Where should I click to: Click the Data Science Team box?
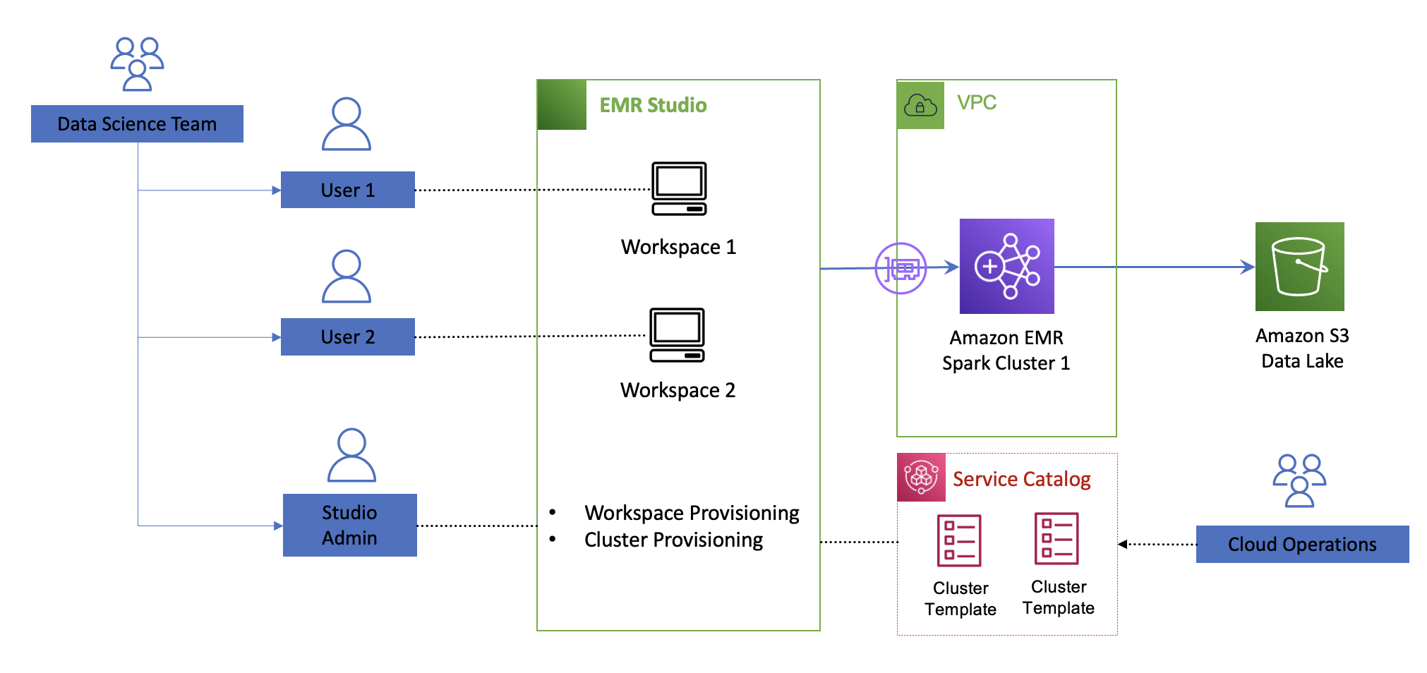click(x=137, y=124)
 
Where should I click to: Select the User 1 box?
click(x=347, y=190)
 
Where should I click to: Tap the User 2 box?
click(x=347, y=336)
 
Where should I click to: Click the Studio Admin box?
click(x=349, y=525)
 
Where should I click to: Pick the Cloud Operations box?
click(x=1302, y=544)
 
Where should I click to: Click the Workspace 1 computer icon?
click(x=679, y=188)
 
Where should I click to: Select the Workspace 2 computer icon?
click(x=677, y=335)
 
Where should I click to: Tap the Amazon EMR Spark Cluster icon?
click(x=1006, y=266)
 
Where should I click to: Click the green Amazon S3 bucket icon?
click(x=1299, y=267)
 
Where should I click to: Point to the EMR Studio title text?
click(x=653, y=105)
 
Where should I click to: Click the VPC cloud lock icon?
click(x=920, y=105)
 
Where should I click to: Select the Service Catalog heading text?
click(x=1021, y=479)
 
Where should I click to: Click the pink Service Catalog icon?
click(x=921, y=478)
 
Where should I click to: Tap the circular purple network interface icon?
click(x=901, y=268)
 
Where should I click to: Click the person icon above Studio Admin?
click(x=351, y=455)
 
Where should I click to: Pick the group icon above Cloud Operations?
click(x=1299, y=480)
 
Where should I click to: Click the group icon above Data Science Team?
click(x=137, y=64)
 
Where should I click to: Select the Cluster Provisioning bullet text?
click(x=673, y=540)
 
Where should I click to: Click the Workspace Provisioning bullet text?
click(x=692, y=513)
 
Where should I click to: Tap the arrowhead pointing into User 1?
click(x=277, y=190)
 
